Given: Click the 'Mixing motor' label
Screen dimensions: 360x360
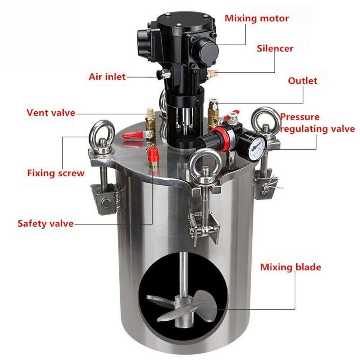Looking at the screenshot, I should coord(257,18).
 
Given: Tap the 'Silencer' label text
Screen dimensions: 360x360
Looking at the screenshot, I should coord(275,48).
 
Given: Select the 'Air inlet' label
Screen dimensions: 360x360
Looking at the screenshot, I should coord(107,77).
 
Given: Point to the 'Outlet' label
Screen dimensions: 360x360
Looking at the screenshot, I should coord(302,81).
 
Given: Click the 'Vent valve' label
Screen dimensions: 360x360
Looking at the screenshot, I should coord(51,112).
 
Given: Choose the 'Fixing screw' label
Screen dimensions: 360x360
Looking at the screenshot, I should coord(55,173).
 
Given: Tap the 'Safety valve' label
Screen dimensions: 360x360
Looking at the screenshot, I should coord(45,223).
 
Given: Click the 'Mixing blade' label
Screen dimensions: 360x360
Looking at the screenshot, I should coord(291,267).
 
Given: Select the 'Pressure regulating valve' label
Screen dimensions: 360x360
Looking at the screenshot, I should coord(317,123).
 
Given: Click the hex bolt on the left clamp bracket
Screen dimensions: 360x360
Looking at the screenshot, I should coord(106,203).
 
